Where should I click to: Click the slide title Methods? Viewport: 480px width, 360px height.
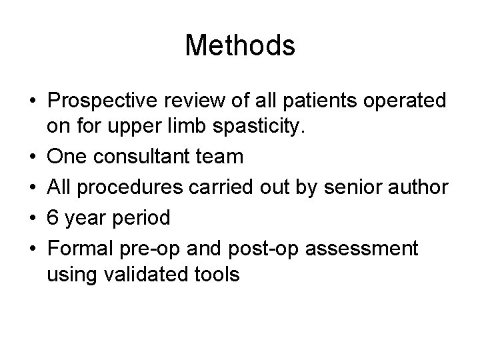click(240, 46)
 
